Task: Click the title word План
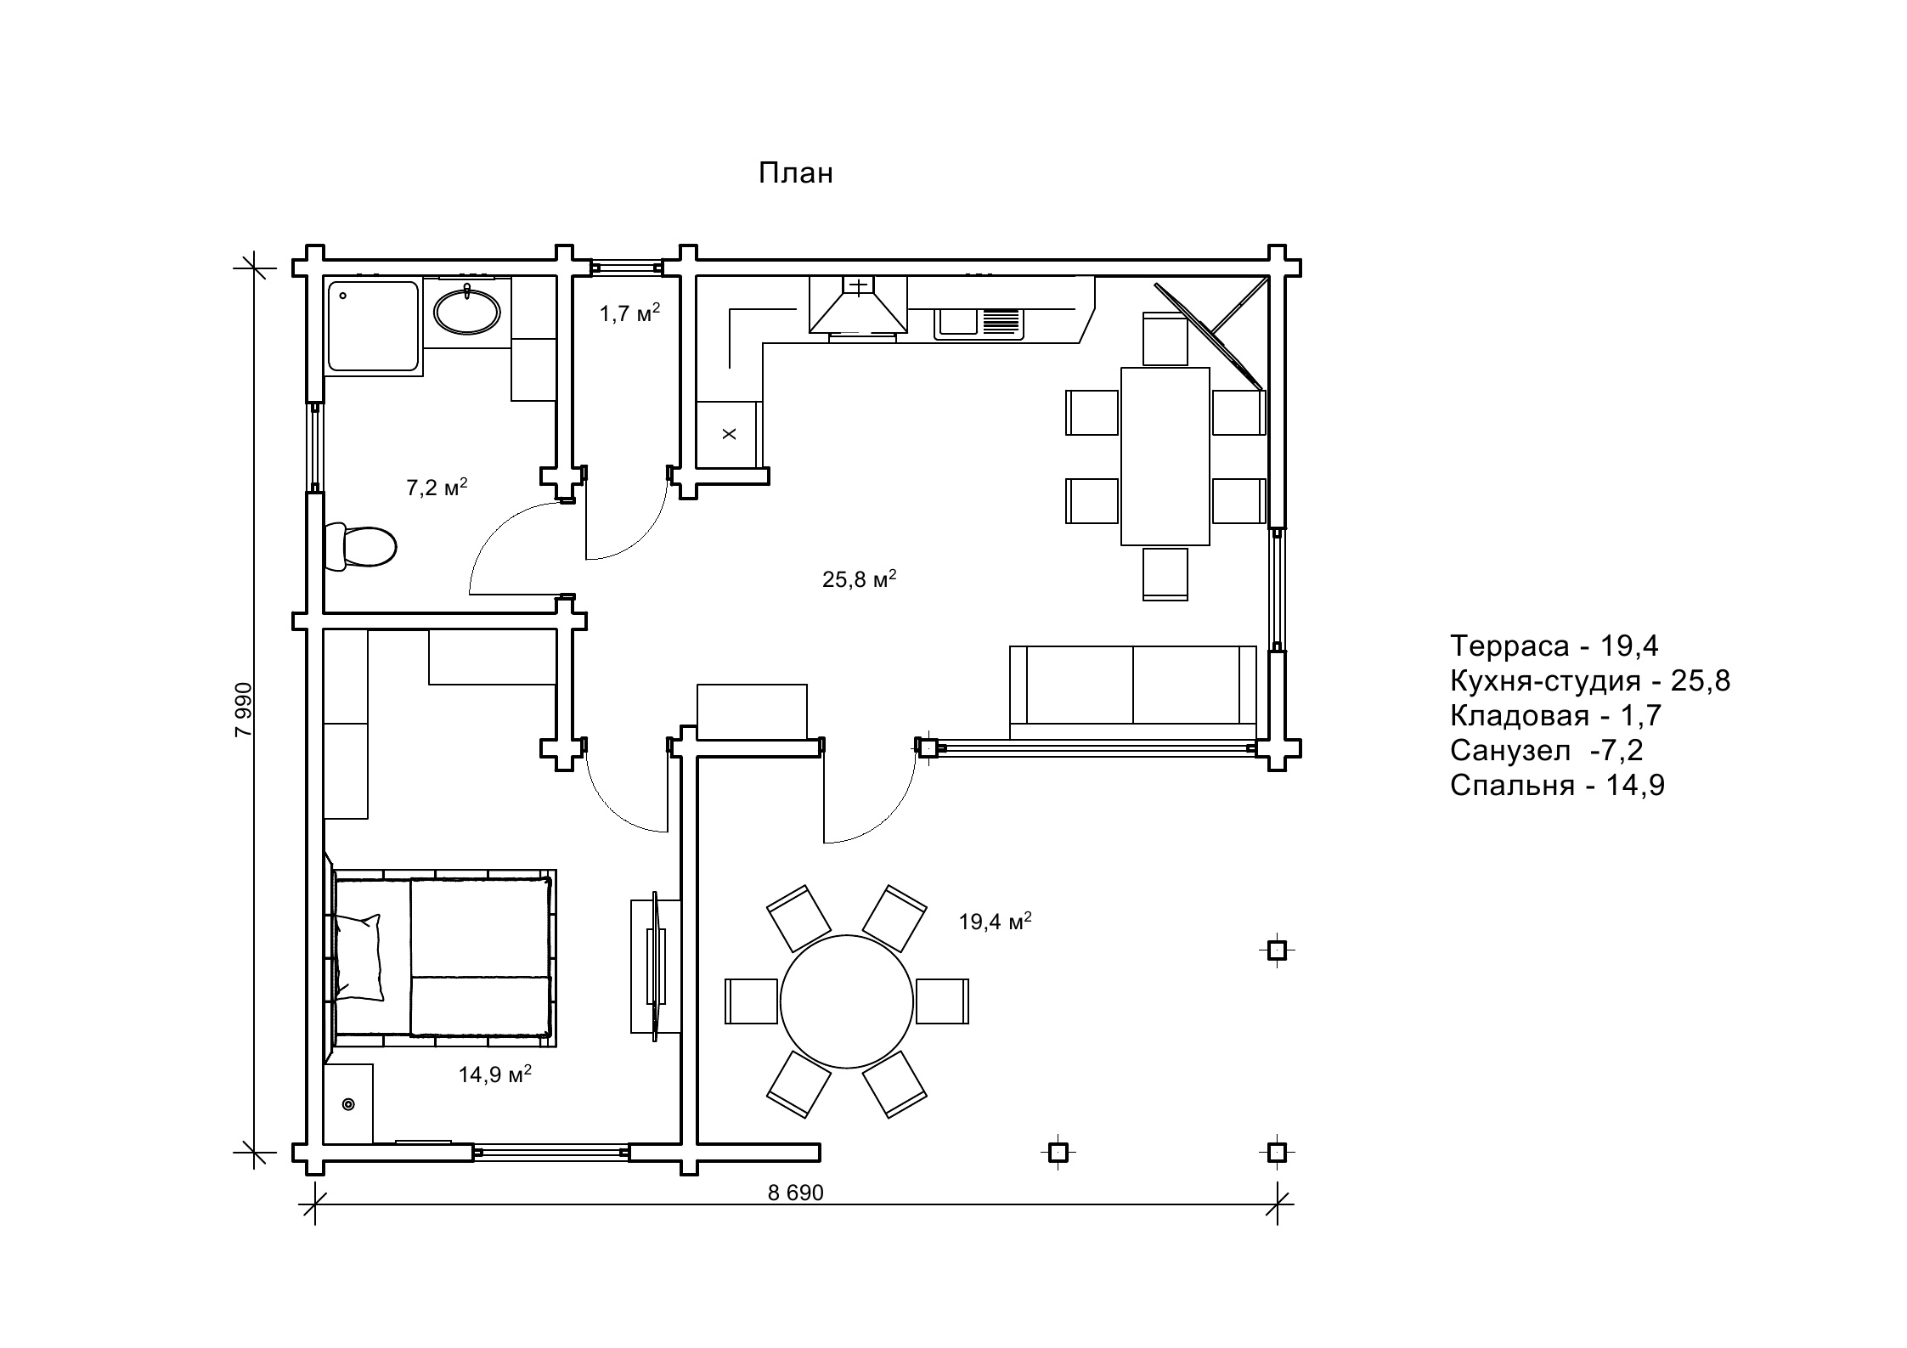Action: click(x=795, y=173)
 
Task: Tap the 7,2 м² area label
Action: click(x=437, y=488)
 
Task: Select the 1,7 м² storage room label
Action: click(x=629, y=313)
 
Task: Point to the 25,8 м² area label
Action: click(x=860, y=579)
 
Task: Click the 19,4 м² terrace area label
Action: click(x=995, y=922)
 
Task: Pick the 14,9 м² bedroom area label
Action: click(x=495, y=1074)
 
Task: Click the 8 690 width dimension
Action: click(x=795, y=1193)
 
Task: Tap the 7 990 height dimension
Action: click(x=244, y=709)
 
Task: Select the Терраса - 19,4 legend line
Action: click(x=1554, y=646)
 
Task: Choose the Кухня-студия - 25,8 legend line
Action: click(x=1589, y=681)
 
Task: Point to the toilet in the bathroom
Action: click(x=360, y=546)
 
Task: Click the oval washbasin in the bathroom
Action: click(x=466, y=312)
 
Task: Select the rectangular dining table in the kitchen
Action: click(x=1165, y=456)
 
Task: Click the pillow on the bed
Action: click(x=359, y=957)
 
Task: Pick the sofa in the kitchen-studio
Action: click(x=1132, y=692)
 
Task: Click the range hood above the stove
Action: click(x=858, y=304)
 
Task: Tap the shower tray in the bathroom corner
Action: click(x=374, y=327)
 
